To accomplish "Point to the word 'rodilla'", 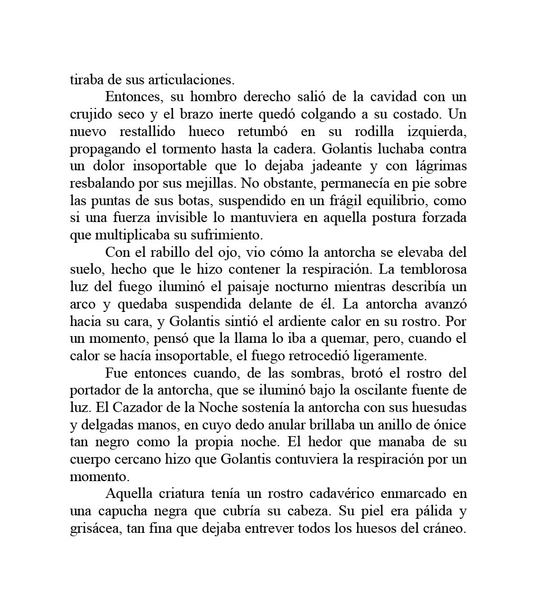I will coord(374,132).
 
